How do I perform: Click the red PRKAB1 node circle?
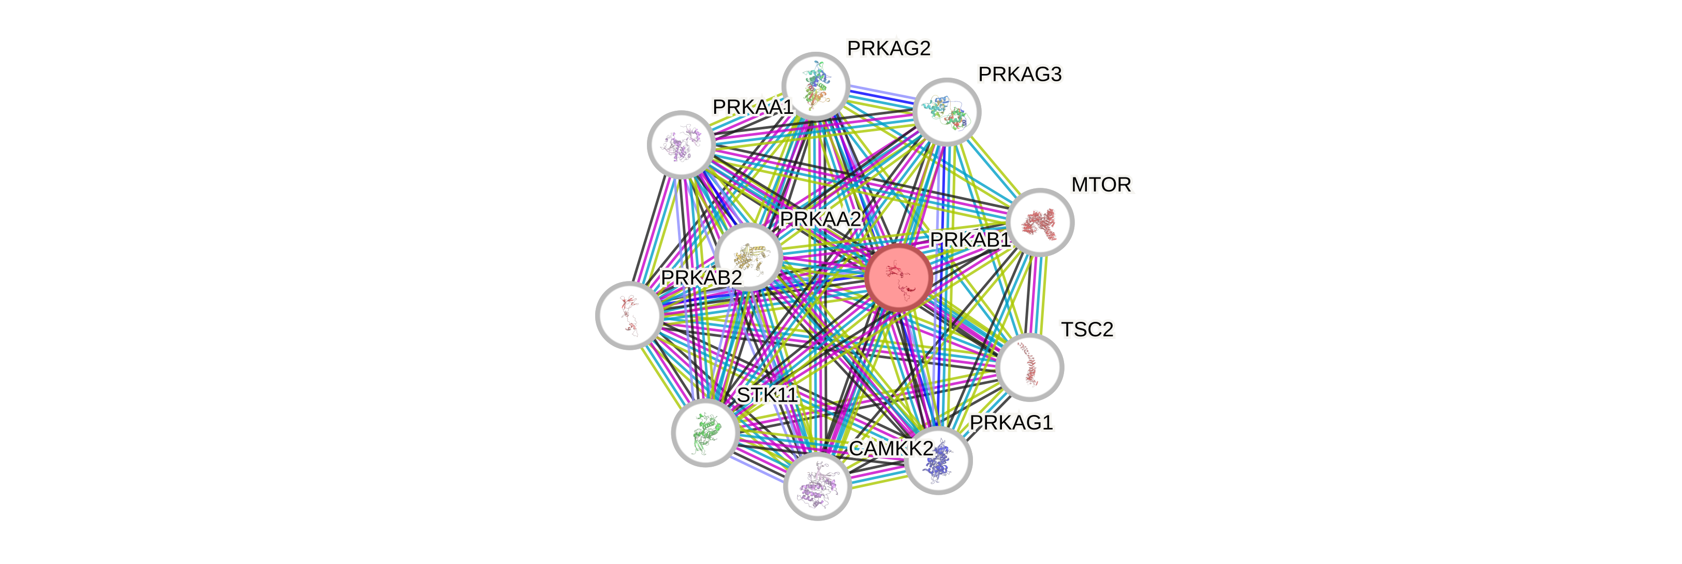tap(898, 277)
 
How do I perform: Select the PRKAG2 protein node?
tap(816, 85)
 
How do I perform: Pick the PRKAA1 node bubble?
tap(681, 144)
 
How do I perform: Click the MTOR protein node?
tap(1040, 222)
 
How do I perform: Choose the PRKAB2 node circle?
tap(629, 315)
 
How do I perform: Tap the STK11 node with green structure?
tap(705, 433)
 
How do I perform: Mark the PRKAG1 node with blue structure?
tap(939, 460)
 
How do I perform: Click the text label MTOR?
tap(1101, 185)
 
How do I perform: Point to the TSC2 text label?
tap(1087, 330)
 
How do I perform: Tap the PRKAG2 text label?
tap(889, 48)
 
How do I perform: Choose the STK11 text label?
tap(766, 395)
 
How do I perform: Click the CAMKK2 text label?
tap(891, 449)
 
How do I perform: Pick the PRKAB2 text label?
tap(701, 277)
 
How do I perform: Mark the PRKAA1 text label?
tap(752, 107)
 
